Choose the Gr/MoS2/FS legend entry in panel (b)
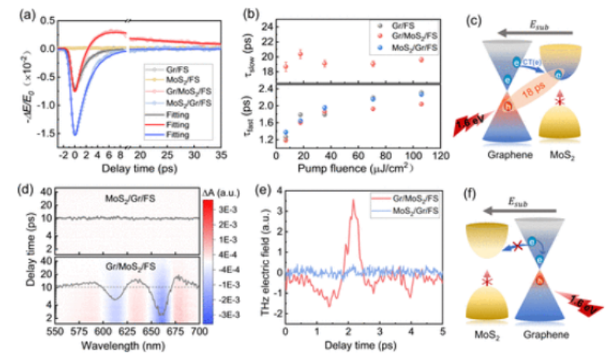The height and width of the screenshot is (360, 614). click(x=413, y=36)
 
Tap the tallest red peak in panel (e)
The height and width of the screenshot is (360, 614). click(x=353, y=200)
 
